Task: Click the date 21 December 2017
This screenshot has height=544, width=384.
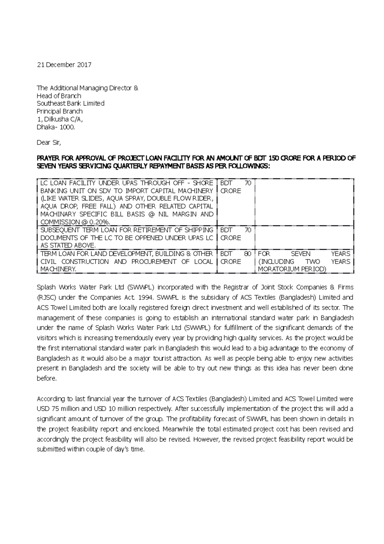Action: tap(64, 65)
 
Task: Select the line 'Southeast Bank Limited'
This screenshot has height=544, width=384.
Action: tap(70, 103)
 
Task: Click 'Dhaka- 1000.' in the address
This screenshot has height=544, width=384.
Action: tap(56, 127)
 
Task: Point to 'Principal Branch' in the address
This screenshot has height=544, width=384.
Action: tap(60, 111)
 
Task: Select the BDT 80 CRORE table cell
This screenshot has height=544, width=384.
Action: tap(236, 258)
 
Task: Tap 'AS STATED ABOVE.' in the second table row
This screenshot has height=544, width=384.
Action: tap(68, 246)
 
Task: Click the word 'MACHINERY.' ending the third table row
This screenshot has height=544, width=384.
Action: tap(58, 269)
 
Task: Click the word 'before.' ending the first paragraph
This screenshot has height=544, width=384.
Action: tap(47, 379)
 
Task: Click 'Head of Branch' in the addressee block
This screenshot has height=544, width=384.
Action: tap(59, 96)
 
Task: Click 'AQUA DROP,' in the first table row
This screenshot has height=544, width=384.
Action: tap(60, 206)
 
